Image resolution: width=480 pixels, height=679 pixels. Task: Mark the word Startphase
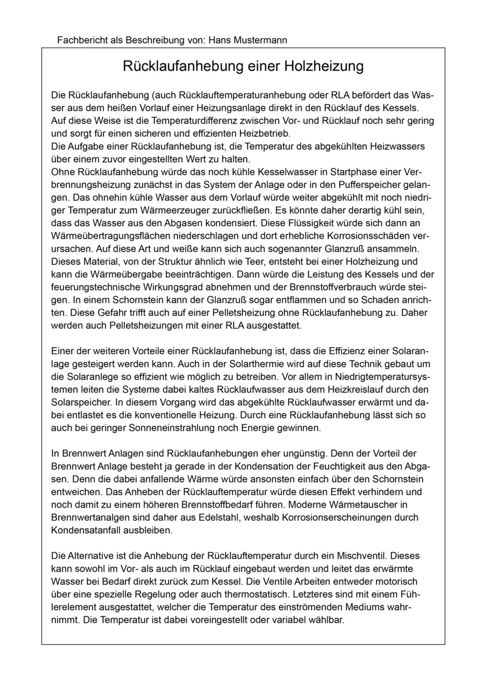point(343,172)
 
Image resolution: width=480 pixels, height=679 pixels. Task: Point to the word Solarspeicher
point(77,402)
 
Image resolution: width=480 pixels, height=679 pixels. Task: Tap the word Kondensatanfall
point(81,530)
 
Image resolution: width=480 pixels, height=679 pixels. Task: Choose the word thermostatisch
point(234,594)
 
